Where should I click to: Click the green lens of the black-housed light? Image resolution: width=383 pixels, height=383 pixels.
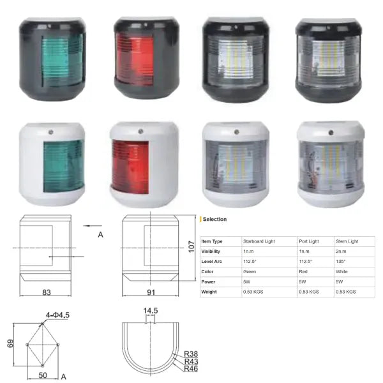63,61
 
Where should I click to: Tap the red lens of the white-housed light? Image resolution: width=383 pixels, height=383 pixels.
130,167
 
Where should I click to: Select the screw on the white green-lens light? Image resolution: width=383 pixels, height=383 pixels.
51,132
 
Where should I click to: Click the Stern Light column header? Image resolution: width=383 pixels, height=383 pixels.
347,241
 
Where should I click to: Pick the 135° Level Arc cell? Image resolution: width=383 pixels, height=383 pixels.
340,261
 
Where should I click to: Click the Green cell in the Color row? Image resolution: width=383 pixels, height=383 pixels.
250,272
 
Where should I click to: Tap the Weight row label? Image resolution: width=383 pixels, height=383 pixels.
209,292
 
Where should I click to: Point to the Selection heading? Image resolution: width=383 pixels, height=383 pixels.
214,219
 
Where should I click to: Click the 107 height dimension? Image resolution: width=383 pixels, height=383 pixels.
191,246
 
